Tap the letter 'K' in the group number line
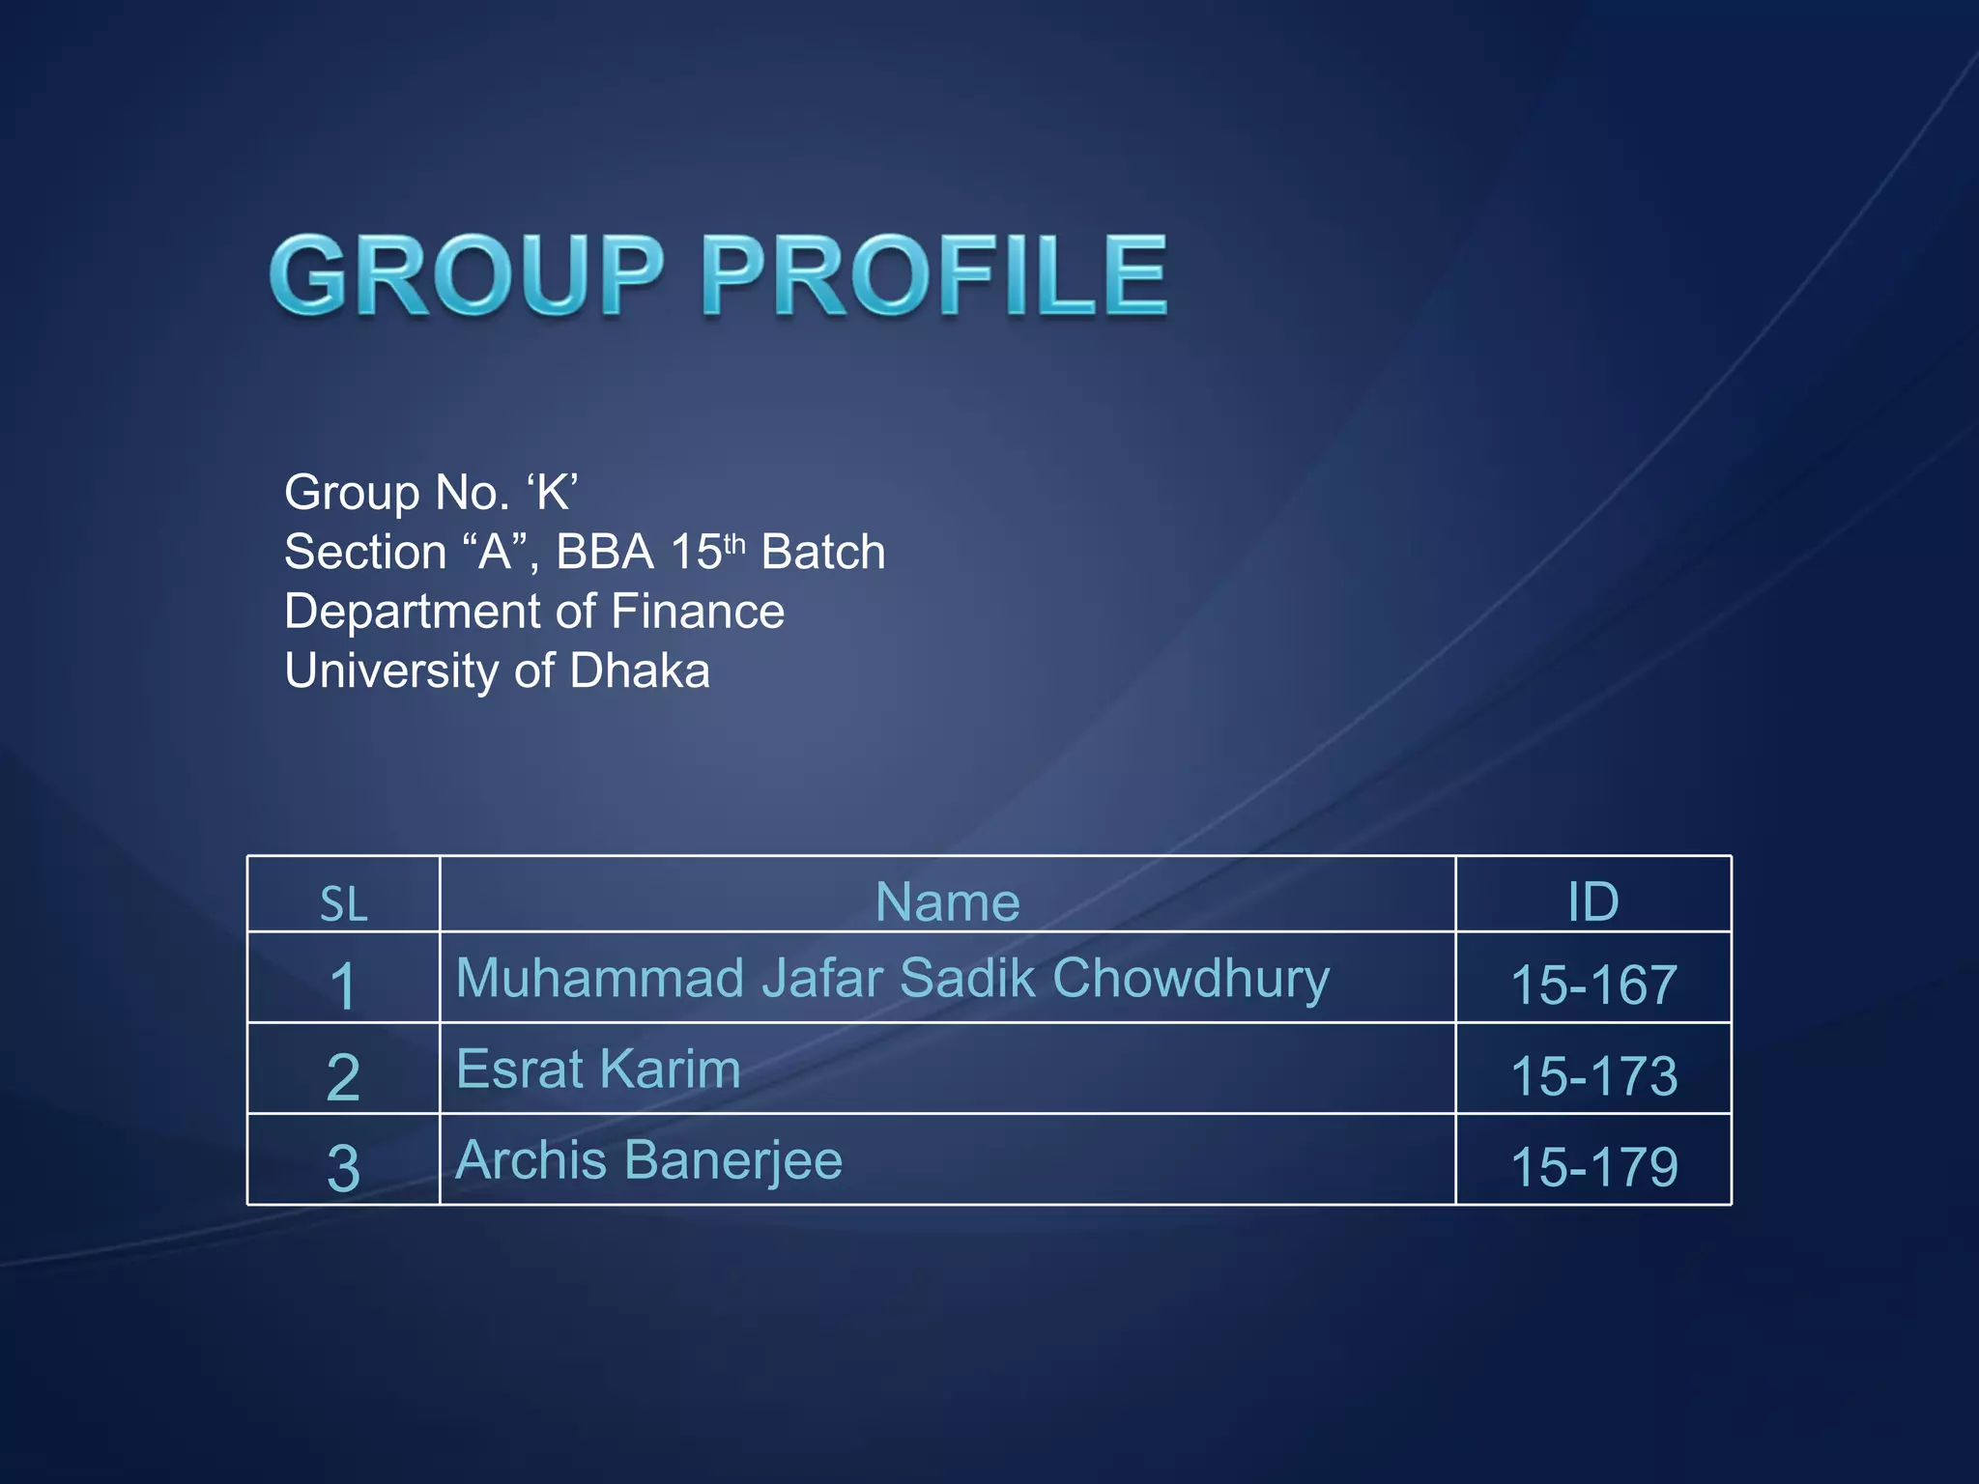pyautogui.click(x=553, y=493)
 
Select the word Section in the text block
pyautogui.click(x=365, y=553)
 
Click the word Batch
pyautogui.click(x=823, y=553)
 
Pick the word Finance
pyautogui.click(x=698, y=612)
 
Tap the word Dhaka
pyautogui.click(x=640, y=671)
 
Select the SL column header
pyautogui.click(x=344, y=903)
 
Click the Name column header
pyautogui.click(x=947, y=901)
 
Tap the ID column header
pyautogui.click(x=1592, y=901)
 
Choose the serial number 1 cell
pyautogui.click(x=343, y=986)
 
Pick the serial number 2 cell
pyautogui.click(x=343, y=1076)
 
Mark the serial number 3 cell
pyautogui.click(x=343, y=1167)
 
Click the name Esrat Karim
pyautogui.click(x=598, y=1070)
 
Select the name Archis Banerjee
pyautogui.click(x=648, y=1160)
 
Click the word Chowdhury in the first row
pyautogui.click(x=1190, y=979)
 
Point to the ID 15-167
pyautogui.click(x=1593, y=985)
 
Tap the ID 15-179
pyautogui.click(x=1593, y=1167)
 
